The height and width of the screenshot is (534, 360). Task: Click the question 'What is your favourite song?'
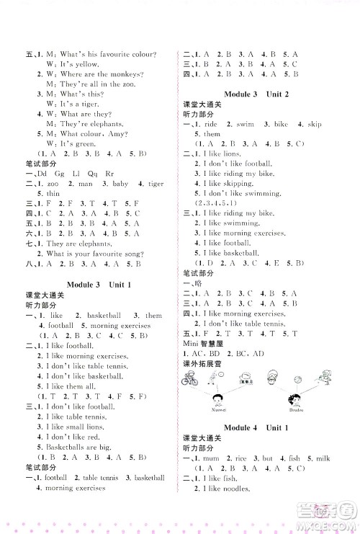coord(93,255)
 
